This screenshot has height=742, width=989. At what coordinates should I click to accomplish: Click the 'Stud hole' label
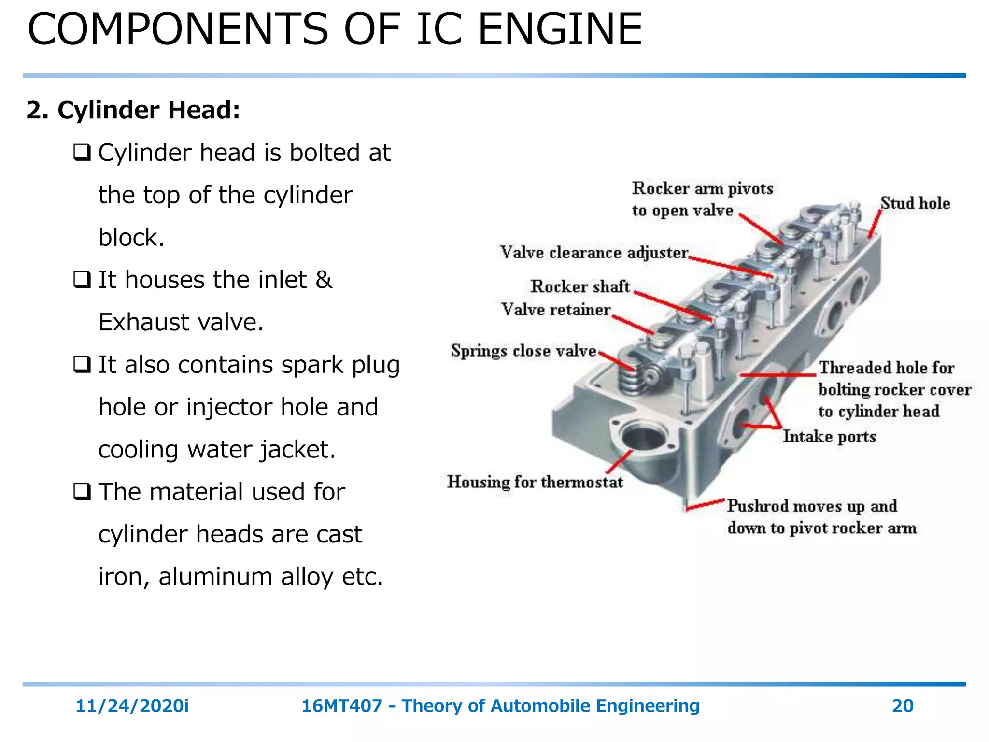tap(915, 203)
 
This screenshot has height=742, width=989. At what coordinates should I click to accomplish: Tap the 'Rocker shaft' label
tap(580, 286)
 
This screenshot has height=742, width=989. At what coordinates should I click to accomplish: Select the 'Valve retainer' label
tap(556, 310)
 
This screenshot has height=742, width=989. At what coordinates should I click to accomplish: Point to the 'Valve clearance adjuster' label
tap(594, 252)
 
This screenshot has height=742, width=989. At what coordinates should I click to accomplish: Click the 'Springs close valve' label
tap(523, 351)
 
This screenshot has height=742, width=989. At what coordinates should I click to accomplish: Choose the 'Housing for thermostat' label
tap(535, 482)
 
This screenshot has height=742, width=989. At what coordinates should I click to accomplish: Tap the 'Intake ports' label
tap(829, 437)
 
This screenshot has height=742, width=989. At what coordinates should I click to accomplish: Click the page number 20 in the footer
tap(903, 706)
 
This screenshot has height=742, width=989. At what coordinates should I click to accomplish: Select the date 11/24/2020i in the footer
tap(132, 706)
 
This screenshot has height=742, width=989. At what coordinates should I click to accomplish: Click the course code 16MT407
tap(341, 706)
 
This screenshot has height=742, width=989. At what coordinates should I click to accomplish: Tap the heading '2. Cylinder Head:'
tap(133, 110)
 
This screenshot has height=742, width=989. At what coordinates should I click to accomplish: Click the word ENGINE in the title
tap(560, 29)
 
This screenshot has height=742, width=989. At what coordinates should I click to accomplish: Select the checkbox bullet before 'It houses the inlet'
tap(82, 280)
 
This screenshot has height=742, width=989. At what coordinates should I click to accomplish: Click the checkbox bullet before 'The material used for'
tap(82, 492)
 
